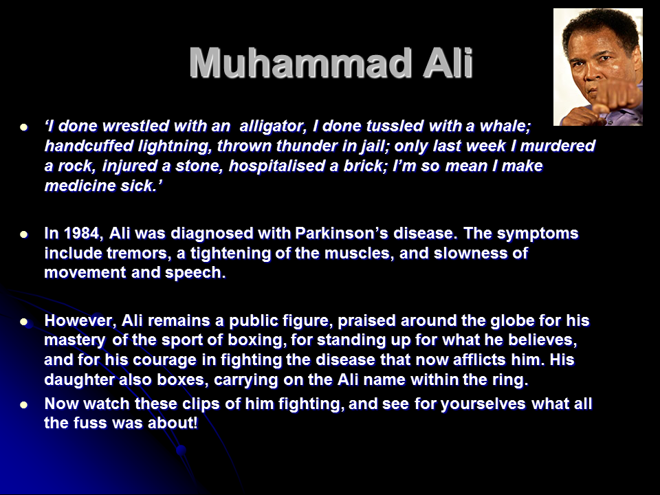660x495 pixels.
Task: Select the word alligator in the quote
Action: (x=272, y=126)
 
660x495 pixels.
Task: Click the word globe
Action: (x=513, y=321)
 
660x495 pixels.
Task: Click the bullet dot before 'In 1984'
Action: (x=24, y=234)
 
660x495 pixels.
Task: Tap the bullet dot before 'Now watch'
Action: (x=24, y=405)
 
